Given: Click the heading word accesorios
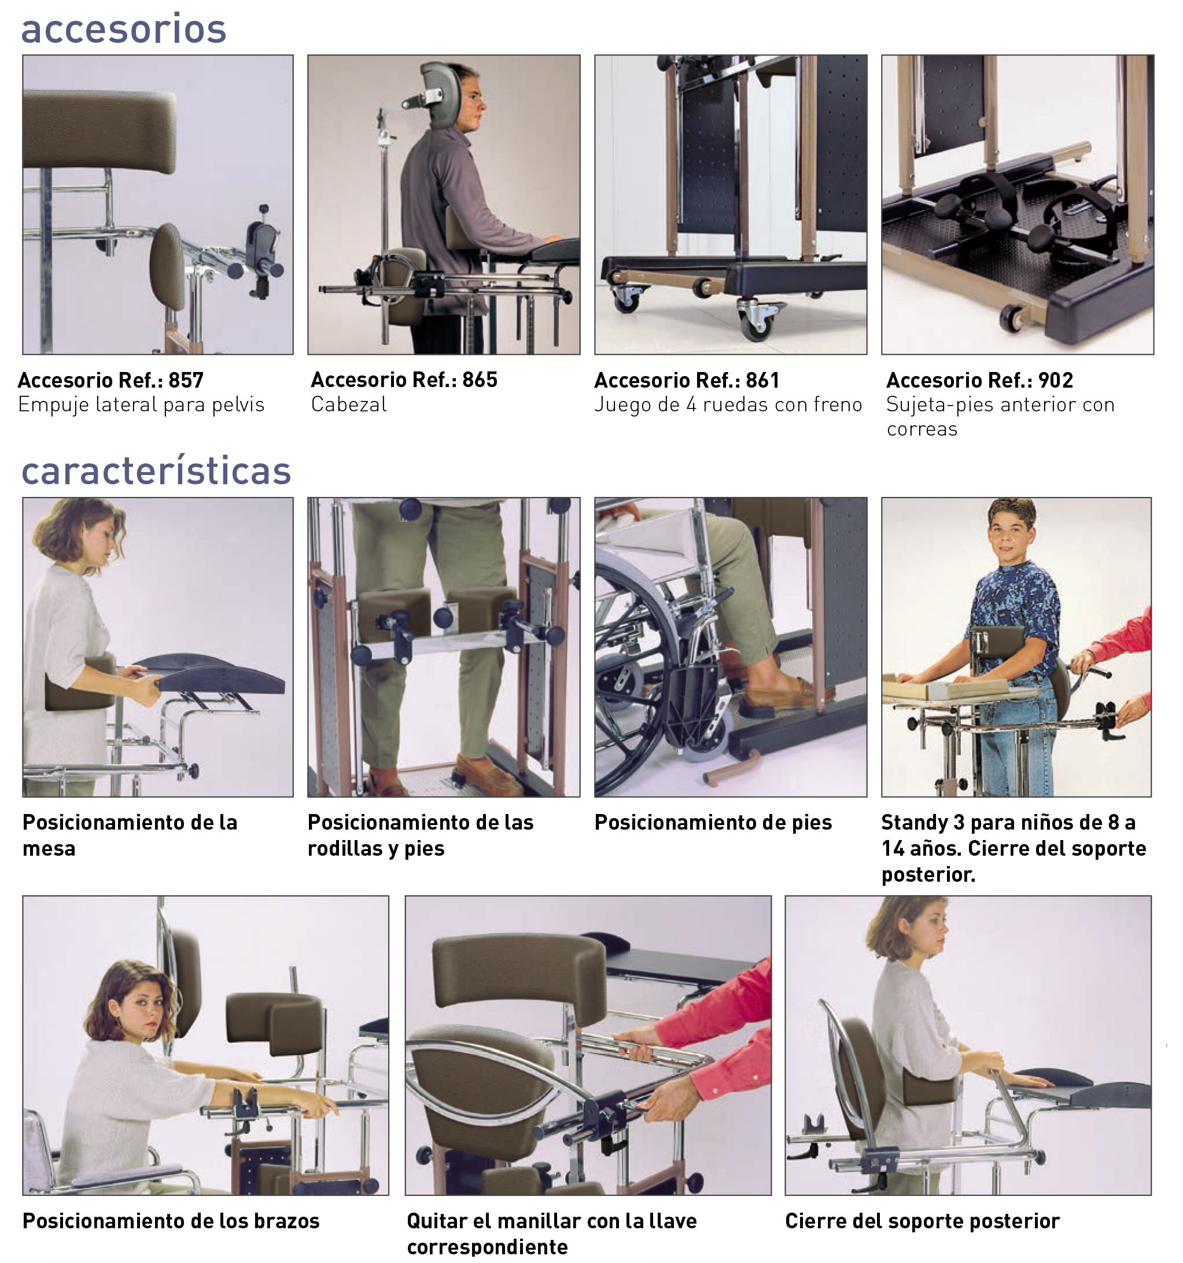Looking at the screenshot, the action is click(x=124, y=30).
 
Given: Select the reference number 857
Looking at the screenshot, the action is click(x=186, y=380).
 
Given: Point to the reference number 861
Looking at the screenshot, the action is click(x=762, y=380).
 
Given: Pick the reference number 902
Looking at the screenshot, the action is click(x=1055, y=380).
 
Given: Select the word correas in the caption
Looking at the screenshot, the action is click(x=922, y=429).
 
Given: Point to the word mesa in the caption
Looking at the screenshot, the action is click(x=49, y=849).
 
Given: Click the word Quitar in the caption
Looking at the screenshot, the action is click(x=437, y=1221).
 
